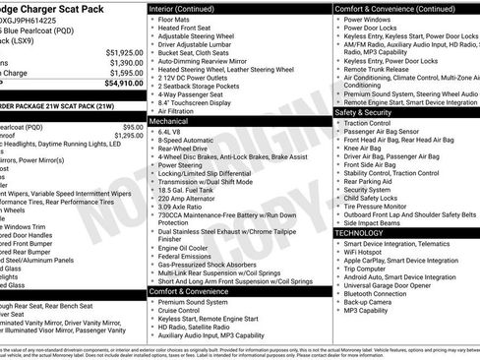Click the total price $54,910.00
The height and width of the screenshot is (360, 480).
tap(118, 84)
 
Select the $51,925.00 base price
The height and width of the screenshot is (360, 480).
tap(121, 51)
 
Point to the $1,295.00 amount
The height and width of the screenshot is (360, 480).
tap(122, 137)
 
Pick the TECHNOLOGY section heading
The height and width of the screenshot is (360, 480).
tap(363, 233)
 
